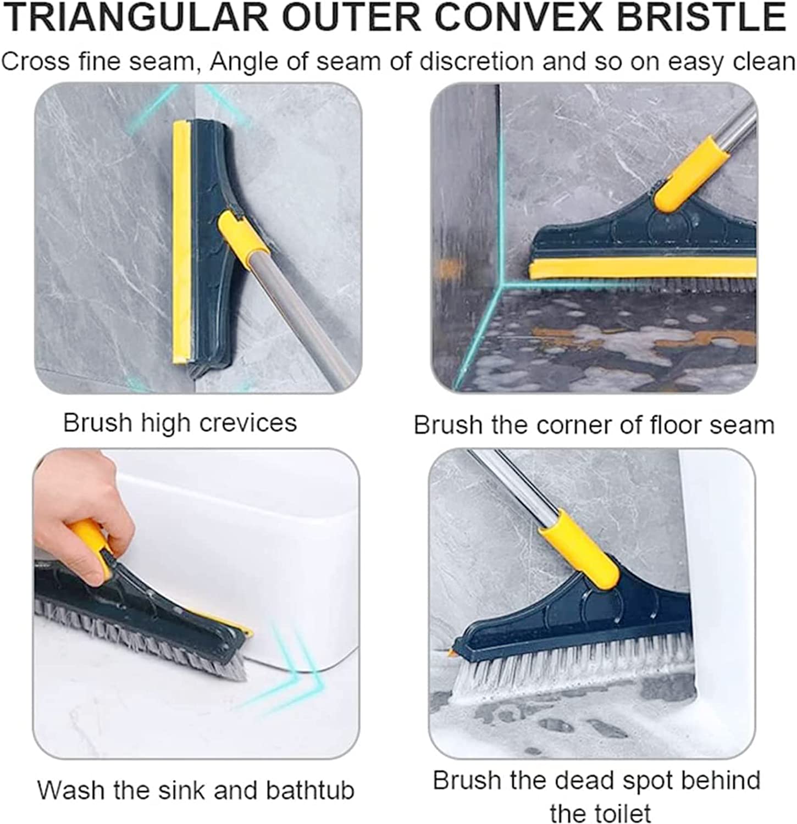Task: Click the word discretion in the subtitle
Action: click(477, 61)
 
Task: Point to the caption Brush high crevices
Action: click(180, 423)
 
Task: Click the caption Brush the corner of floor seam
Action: click(594, 425)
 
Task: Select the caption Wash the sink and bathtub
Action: click(196, 790)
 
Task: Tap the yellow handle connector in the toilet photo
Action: click(580, 549)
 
